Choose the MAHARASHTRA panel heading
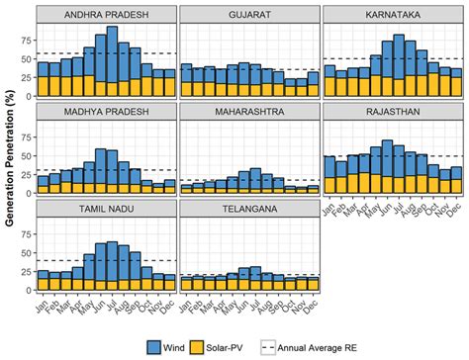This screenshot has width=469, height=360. [x=250, y=111]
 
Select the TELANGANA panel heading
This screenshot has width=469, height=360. [x=250, y=207]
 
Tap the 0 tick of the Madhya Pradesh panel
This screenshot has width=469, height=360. [x=27, y=192]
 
